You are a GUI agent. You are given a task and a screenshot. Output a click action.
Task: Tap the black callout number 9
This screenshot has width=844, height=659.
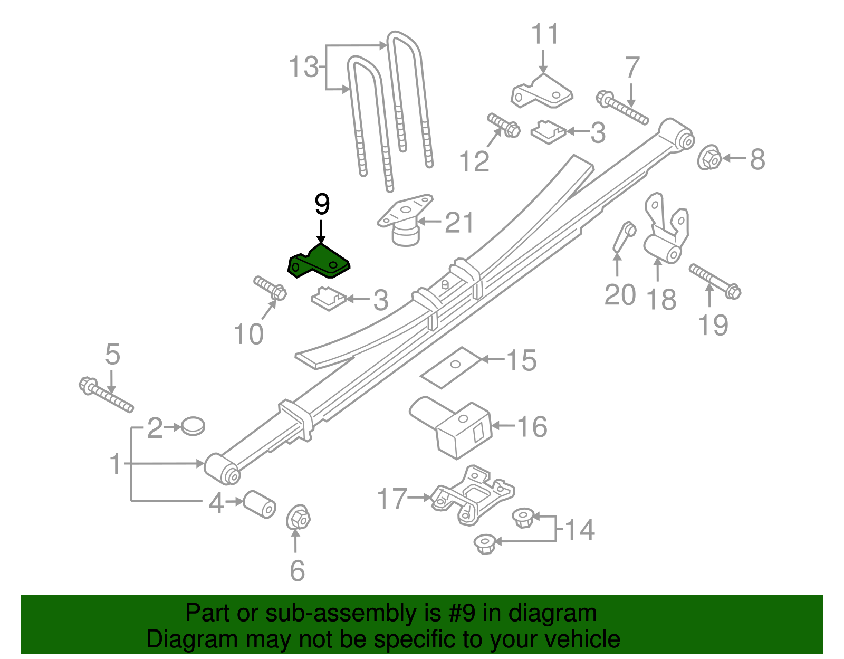[322, 204]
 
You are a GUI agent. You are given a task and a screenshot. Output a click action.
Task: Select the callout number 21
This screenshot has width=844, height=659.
[459, 223]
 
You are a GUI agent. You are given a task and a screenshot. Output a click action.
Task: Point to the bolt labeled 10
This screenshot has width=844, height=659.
[270, 287]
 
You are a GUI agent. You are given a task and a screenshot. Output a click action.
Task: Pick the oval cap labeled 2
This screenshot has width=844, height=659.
[193, 426]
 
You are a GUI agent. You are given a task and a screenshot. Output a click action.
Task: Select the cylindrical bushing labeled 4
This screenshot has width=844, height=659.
[259, 504]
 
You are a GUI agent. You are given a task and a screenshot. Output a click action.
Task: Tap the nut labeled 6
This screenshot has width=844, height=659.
[298, 518]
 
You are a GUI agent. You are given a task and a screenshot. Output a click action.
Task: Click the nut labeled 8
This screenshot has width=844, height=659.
[709, 158]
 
